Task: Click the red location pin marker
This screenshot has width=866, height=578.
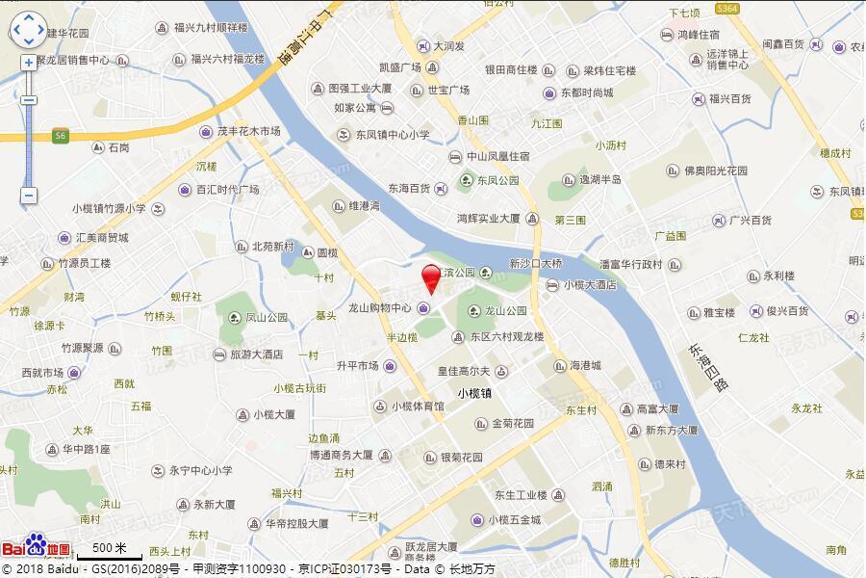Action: point(432,276)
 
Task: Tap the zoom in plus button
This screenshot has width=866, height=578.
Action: point(29,63)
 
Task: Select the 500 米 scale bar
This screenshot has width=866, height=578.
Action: point(102,549)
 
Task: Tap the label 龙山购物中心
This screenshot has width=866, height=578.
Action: point(380,309)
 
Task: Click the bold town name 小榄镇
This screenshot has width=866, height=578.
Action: point(475,393)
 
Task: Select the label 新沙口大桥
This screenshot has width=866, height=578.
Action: point(536,263)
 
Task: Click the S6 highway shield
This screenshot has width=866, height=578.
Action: point(61,136)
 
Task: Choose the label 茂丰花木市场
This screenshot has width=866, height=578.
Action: point(248,131)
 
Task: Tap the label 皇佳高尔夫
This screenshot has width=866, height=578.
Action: point(465,371)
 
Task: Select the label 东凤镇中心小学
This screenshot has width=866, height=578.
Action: point(393,135)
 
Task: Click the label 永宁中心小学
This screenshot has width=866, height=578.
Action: point(200,471)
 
